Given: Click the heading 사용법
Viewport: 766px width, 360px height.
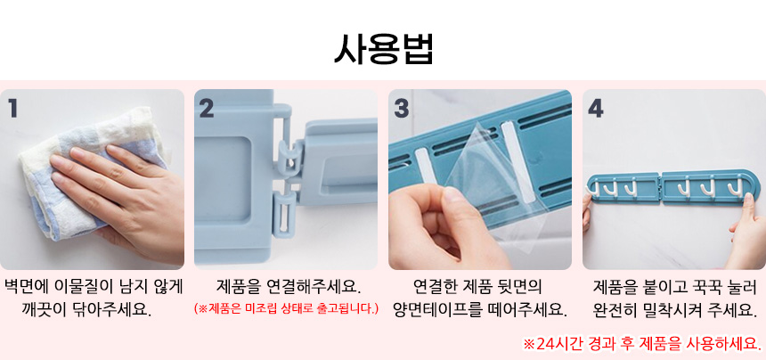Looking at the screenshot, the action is [x=384, y=49].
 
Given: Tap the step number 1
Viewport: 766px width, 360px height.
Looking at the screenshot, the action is [x=13, y=109].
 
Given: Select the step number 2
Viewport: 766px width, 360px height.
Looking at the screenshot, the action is [x=207, y=109].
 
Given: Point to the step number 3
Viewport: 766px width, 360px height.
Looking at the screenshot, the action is [x=401, y=109].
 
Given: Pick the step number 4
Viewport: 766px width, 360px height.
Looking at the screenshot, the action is [x=596, y=109].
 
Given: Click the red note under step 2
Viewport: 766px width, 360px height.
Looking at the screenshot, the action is [x=286, y=308].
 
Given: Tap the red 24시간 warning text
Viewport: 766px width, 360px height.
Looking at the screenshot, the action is [x=642, y=343].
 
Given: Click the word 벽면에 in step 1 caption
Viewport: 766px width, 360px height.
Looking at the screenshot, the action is [x=23, y=287].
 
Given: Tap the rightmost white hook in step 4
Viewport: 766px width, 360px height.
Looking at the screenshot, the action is [x=733, y=190].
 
